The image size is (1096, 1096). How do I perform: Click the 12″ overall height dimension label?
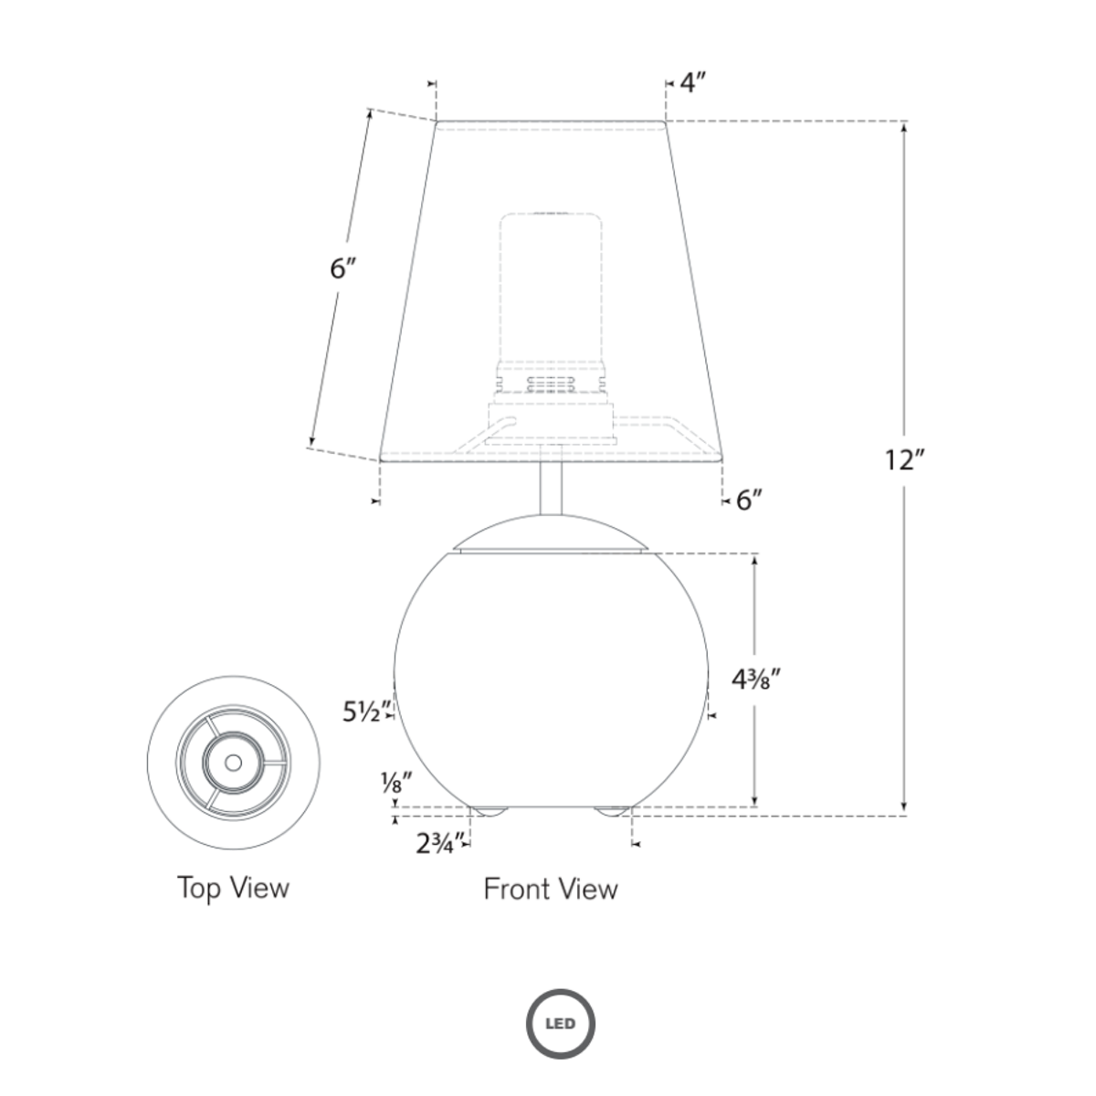click(x=907, y=460)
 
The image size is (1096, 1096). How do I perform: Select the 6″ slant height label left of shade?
click(x=343, y=269)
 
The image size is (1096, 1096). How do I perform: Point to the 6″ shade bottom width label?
click(x=749, y=501)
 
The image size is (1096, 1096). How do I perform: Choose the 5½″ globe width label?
click(x=367, y=711)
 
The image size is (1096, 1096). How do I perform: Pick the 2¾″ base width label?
click(x=441, y=845)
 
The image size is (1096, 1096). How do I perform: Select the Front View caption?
click(x=551, y=889)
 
